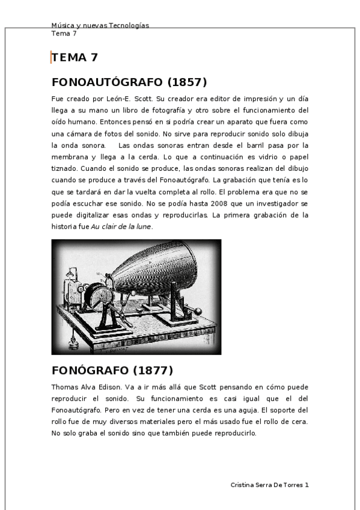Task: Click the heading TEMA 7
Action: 75,58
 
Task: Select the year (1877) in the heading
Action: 153,370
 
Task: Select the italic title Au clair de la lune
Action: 121,227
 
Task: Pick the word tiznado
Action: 64,168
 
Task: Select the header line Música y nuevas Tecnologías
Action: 100,25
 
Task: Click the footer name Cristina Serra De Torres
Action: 267,484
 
